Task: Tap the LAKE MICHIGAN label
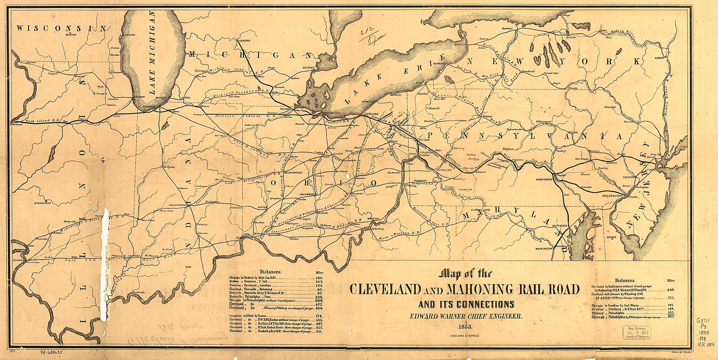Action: [152, 53]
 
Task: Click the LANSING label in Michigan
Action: [244, 41]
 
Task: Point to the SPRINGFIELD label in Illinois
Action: [42, 203]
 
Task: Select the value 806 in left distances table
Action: [319, 301]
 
